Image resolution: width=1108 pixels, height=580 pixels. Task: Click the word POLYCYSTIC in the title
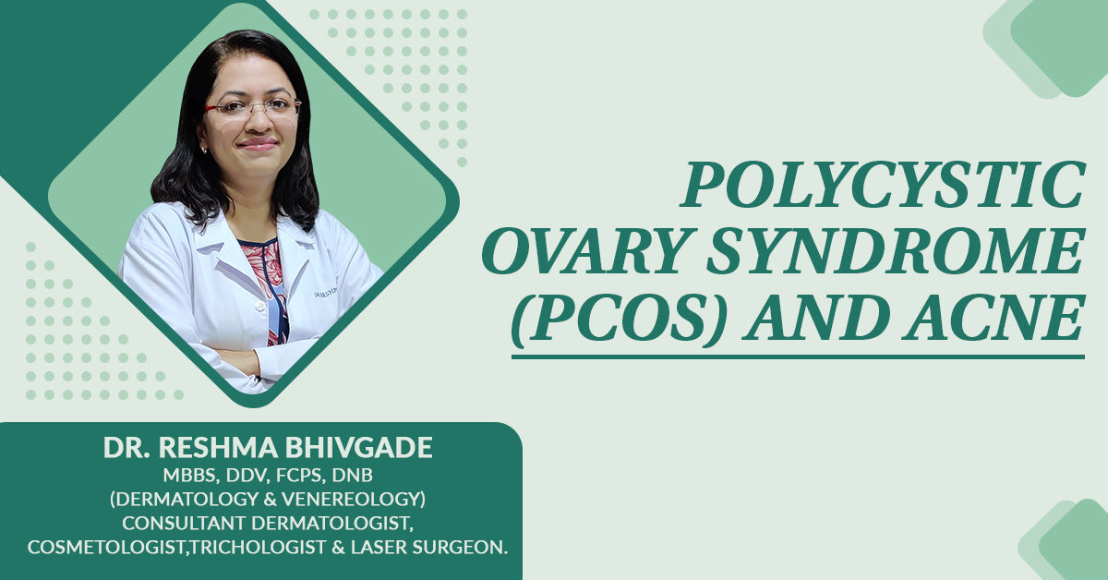pos(883,185)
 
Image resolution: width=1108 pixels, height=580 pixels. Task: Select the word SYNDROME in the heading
pos(896,250)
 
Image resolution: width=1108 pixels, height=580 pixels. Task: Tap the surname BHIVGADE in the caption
pos(358,447)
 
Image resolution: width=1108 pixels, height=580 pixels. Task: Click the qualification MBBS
pos(191,476)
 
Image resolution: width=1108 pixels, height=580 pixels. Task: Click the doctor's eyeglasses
pos(253,107)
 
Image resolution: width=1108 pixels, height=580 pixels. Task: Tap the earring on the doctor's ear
pos(204,149)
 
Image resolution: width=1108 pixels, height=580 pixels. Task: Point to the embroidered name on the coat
pos(326,293)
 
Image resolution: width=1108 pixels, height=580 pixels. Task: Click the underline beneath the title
pos(798,356)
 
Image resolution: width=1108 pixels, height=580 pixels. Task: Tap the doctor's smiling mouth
pos(258,143)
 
